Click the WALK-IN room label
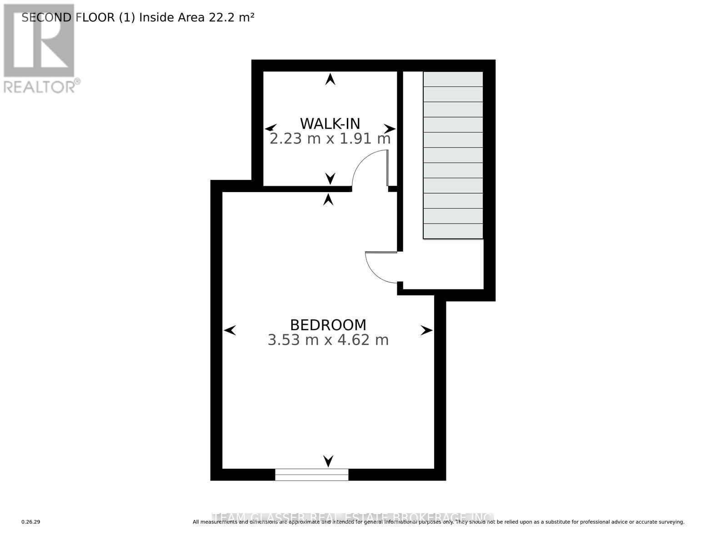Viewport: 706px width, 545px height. point(330,124)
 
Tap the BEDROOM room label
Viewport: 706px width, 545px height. point(328,325)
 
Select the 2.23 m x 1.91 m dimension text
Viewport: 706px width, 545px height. point(330,139)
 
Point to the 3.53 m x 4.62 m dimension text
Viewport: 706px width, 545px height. point(328,340)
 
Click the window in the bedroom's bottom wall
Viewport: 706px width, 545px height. point(311,474)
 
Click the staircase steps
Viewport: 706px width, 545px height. point(453,155)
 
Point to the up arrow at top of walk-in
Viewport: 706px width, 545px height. point(330,79)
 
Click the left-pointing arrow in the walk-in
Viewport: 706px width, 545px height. point(270,128)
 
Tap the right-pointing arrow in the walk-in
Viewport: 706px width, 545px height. point(389,128)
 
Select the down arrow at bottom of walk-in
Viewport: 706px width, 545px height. point(330,178)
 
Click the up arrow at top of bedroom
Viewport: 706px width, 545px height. point(328,199)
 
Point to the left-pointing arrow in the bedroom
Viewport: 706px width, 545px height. point(230,330)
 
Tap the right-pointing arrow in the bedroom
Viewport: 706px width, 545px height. point(426,330)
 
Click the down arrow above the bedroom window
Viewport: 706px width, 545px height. point(328,461)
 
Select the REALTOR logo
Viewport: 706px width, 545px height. point(39,48)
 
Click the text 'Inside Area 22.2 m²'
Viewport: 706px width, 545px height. point(196,18)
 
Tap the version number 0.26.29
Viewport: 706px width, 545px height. point(31,522)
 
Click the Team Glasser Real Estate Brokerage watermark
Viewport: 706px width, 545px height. point(353,517)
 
